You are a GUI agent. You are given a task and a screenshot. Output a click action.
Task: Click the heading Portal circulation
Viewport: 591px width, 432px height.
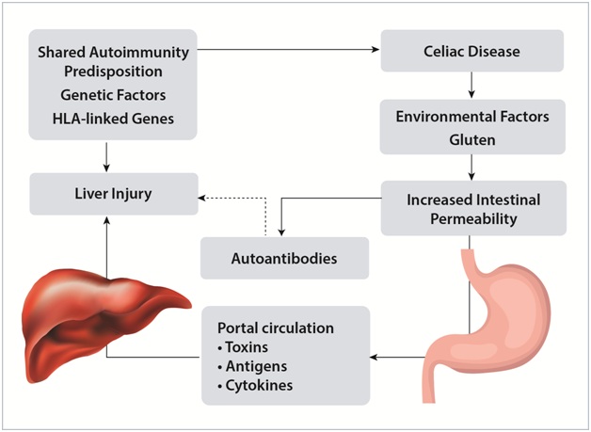(x=275, y=329)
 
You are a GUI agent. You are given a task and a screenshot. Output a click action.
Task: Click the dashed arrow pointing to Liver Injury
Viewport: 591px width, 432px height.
(x=235, y=197)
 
